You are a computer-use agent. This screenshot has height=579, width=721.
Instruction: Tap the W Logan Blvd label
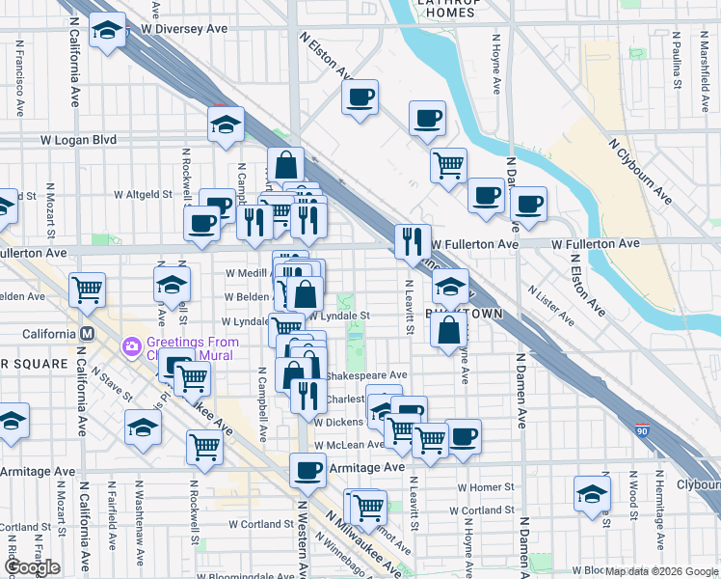pos(78,140)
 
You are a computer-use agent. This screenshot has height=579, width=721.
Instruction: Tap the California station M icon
pos(87,334)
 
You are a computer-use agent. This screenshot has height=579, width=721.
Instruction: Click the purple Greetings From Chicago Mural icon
pos(131,345)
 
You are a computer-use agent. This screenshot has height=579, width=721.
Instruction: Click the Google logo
pos(31,567)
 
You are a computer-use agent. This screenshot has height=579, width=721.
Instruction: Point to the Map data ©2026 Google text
pos(661,571)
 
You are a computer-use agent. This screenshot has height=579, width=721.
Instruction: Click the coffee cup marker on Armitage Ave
pos(307,470)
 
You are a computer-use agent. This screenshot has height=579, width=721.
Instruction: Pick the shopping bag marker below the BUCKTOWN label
pos(449,330)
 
